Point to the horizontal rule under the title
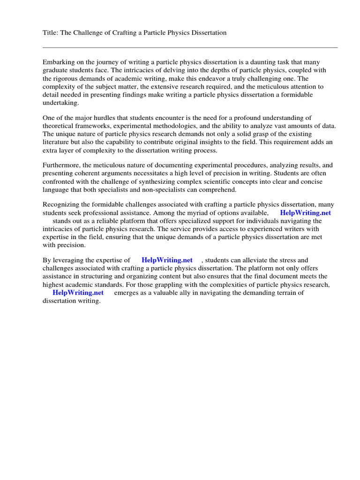tap(190, 47)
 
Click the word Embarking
tap(59, 62)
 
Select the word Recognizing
tap(62, 204)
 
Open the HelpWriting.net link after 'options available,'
tap(305, 213)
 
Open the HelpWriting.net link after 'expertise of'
tap(167, 260)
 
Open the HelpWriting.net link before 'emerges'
tap(78, 292)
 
